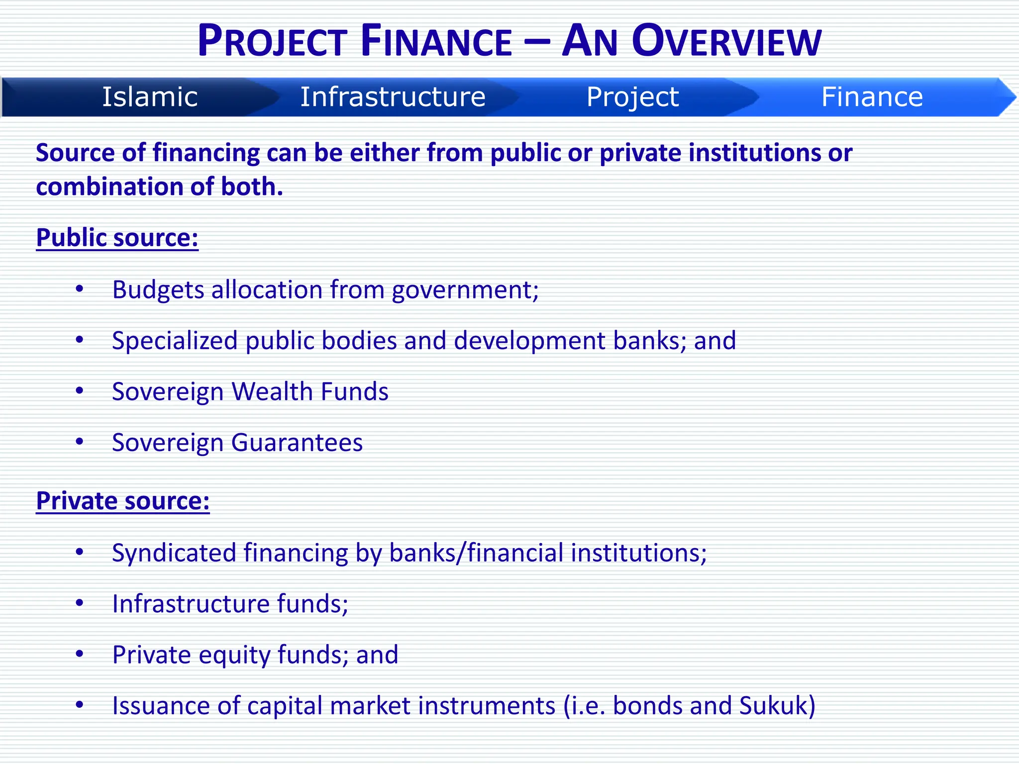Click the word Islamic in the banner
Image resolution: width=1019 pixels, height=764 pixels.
tap(150, 97)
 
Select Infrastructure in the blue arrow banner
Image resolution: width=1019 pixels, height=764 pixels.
tap(393, 97)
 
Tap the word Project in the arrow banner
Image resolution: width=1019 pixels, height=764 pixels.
tap(632, 97)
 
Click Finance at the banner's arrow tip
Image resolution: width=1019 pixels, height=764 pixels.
tap(872, 97)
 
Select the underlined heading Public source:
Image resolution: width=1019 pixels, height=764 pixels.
tap(117, 238)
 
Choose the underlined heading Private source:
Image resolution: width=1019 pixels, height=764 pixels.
tap(123, 501)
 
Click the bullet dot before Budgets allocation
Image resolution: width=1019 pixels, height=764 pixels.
tap(80, 288)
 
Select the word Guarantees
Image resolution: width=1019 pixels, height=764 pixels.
tap(297, 443)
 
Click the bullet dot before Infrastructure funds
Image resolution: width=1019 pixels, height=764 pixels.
tap(80, 603)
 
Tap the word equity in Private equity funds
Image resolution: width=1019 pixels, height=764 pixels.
tap(234, 656)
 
